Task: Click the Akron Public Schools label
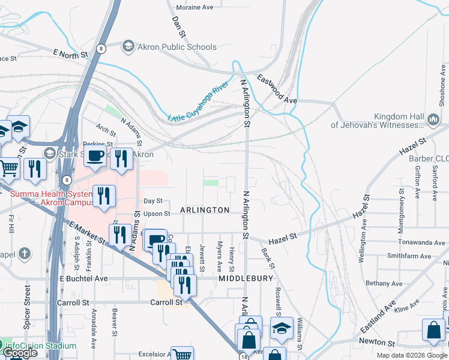pyautogui.click(x=176, y=47)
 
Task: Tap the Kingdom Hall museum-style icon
pyautogui.click(x=433, y=121)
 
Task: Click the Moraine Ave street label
pyautogui.click(x=194, y=7)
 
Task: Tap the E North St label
pyautogui.click(x=70, y=54)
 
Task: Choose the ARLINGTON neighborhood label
pyautogui.click(x=204, y=210)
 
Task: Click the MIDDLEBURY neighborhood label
pyautogui.click(x=246, y=279)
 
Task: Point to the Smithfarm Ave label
pyautogui.click(x=409, y=256)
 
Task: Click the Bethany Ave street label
pyautogui.click(x=384, y=283)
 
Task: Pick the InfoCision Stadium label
pyautogui.click(x=41, y=346)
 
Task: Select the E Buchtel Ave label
pyautogui.click(x=83, y=278)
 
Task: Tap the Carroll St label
pyautogui.click(x=166, y=302)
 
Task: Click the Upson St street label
pyautogui.click(x=157, y=214)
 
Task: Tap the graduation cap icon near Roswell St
pyautogui.click(x=282, y=328)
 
